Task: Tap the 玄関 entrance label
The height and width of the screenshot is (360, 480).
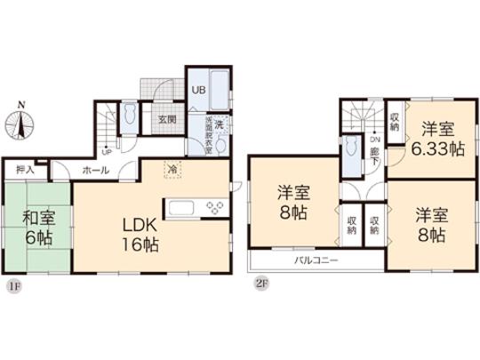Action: (x=166, y=119)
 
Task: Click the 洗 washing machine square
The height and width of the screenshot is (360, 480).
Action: (x=220, y=124)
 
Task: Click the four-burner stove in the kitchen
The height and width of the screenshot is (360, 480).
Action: (x=214, y=208)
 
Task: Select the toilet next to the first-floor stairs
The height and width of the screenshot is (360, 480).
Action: (x=131, y=116)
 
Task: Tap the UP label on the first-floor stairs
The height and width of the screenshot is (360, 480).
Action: (x=107, y=151)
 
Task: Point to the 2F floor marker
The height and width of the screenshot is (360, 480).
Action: (x=261, y=286)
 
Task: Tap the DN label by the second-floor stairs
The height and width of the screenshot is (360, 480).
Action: (x=375, y=140)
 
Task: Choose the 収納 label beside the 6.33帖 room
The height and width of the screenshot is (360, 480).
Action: (x=394, y=119)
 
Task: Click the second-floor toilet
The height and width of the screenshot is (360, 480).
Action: (x=355, y=151)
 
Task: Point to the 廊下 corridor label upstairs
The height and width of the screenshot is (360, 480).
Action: (x=375, y=157)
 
